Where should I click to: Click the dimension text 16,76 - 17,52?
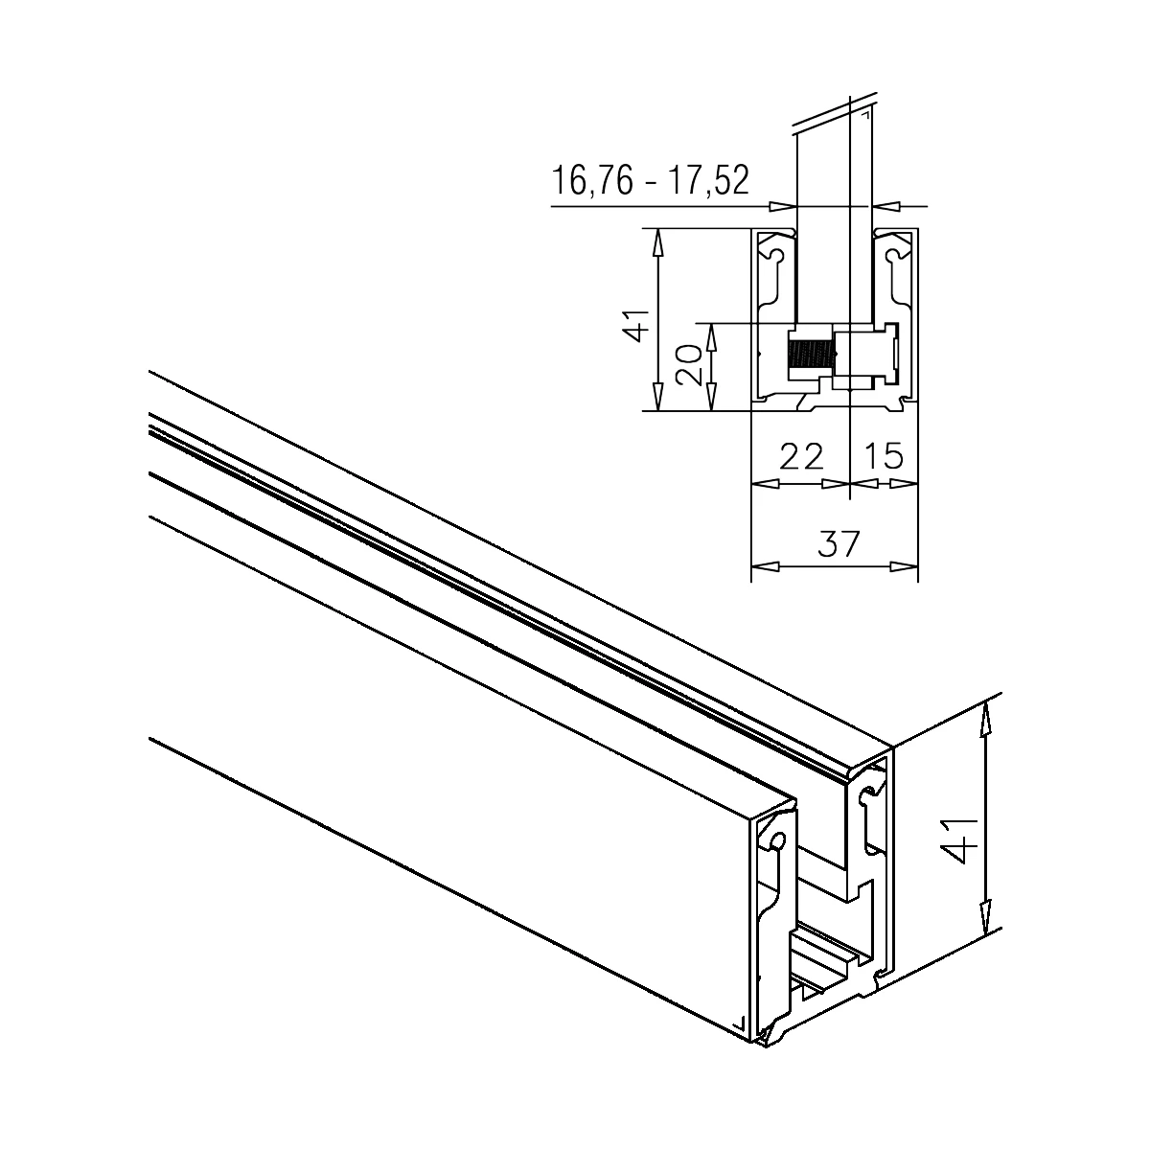650,180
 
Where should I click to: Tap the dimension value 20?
689,365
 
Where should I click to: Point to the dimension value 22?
801,456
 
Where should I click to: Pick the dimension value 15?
884,456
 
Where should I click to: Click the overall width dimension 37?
839,543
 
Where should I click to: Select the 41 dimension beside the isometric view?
962,840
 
